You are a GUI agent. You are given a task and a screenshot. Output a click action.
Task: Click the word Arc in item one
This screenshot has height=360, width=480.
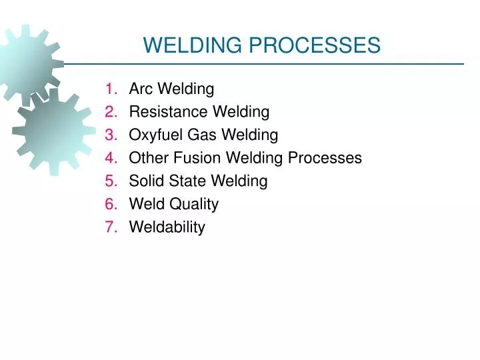(x=141, y=89)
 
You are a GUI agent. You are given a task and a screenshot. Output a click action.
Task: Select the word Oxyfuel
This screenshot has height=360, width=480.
(x=155, y=135)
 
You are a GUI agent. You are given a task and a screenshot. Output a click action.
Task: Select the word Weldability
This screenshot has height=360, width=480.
(x=167, y=227)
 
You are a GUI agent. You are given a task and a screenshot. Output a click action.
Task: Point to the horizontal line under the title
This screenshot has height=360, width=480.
(x=267, y=64)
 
